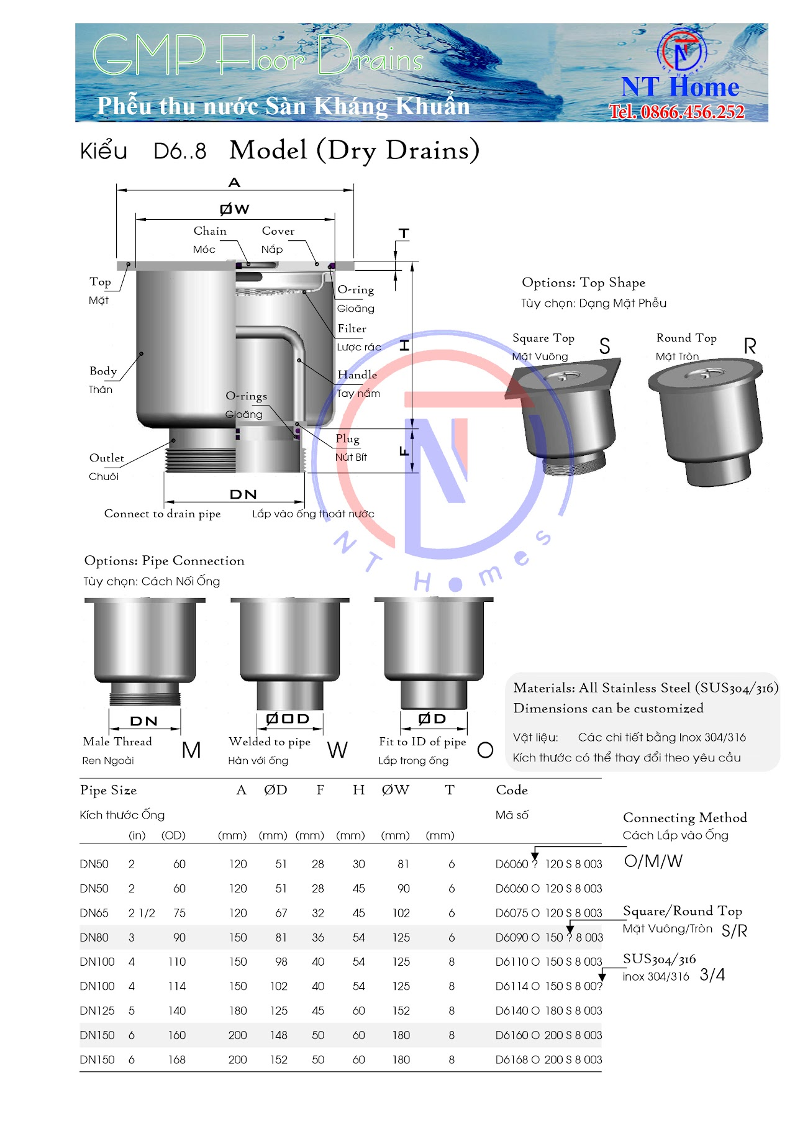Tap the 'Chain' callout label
210,231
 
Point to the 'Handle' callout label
357,374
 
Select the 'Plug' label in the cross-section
347,438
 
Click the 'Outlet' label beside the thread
106,458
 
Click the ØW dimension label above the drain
235,209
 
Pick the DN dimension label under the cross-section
243,494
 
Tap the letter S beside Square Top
604,347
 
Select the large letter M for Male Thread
191,750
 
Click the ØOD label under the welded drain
288,719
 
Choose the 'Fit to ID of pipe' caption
422,742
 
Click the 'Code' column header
512,790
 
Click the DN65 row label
94,913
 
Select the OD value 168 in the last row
177,1060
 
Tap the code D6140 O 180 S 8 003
548,1010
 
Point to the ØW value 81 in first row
403,864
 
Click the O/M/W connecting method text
653,861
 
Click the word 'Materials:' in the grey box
544,688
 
